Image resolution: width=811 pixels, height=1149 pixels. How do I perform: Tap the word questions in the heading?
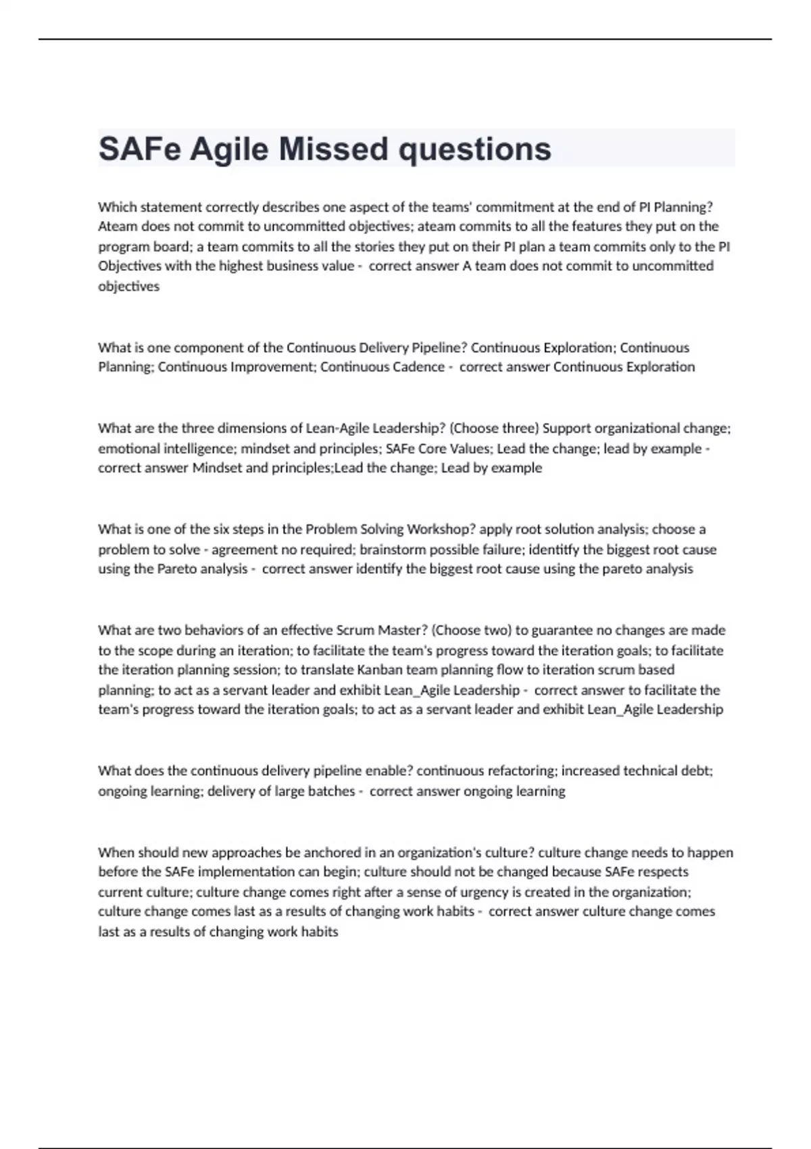point(474,150)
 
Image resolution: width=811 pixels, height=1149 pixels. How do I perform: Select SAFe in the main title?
point(139,149)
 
